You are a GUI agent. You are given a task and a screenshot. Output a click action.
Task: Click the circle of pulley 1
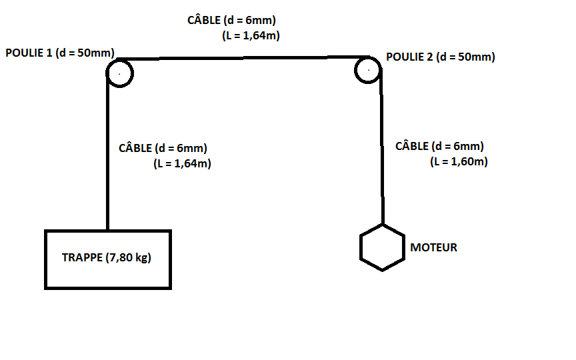(120, 73)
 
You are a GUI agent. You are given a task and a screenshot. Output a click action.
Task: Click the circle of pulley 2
(368, 69)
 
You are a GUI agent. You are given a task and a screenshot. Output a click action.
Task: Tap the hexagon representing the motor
(382, 247)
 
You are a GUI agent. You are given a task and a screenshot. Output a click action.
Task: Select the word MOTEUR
(433, 247)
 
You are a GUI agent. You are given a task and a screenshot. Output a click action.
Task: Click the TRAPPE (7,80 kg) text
(107, 257)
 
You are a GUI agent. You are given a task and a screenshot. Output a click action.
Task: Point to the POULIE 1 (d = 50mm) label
(60, 53)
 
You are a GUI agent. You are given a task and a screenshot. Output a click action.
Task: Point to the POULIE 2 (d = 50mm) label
(441, 57)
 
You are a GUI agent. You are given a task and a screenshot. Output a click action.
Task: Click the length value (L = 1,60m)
(459, 161)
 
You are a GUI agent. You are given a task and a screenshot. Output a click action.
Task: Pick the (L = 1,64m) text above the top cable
(251, 36)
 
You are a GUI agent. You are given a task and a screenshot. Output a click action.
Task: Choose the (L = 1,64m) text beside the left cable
(182, 163)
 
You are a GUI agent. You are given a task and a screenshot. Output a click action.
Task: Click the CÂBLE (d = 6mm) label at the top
(231, 21)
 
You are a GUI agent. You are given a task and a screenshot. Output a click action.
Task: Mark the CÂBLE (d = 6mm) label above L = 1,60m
(440, 146)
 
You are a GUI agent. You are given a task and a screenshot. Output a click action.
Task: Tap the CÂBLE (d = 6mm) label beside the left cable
(163, 148)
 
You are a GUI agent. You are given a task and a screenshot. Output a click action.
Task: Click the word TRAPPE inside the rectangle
(82, 257)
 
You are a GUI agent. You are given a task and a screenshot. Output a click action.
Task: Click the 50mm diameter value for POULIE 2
(477, 57)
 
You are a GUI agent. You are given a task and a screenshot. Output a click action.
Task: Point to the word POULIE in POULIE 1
(25, 53)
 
